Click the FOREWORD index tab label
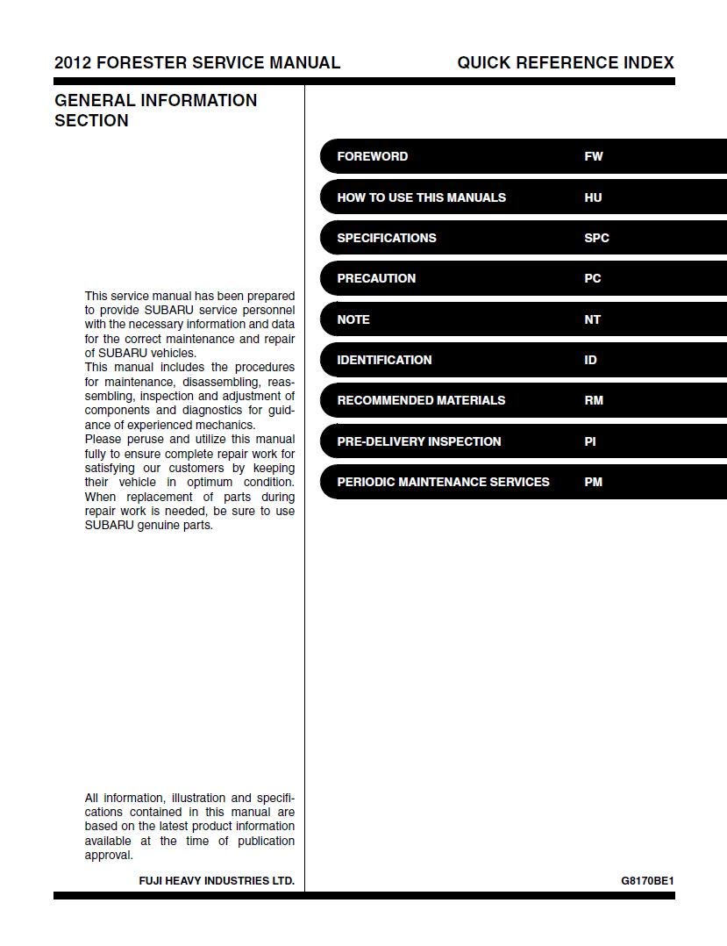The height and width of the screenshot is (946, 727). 372,156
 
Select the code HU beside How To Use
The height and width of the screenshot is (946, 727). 593,197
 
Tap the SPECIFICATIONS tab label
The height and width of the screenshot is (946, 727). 386,238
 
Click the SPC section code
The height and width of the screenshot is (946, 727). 596,238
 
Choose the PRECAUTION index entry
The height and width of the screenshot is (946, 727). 376,278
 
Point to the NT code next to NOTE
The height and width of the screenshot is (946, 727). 592,319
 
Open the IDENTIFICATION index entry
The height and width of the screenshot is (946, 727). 384,360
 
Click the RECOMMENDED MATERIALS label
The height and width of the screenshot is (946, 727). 421,400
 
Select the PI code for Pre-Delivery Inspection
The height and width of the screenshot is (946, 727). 589,441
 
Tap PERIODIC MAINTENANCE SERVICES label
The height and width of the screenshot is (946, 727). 443,482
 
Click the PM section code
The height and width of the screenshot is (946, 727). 593,482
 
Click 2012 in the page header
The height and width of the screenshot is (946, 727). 72,62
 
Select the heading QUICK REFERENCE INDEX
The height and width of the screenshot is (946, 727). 566,62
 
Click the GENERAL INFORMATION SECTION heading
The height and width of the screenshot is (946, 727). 155,111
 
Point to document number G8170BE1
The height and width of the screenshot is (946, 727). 647,880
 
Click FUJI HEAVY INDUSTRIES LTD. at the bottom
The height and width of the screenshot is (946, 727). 217,880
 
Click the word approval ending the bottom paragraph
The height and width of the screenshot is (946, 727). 108,855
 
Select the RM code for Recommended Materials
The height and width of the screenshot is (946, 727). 593,400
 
